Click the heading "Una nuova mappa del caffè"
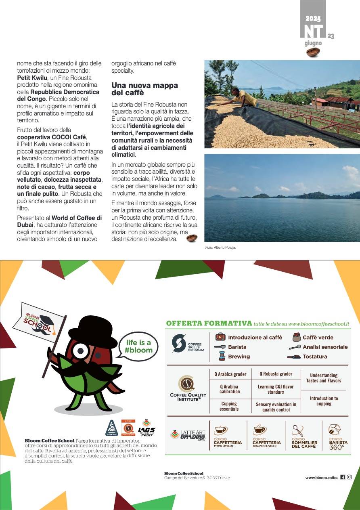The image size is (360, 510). tap(144, 89)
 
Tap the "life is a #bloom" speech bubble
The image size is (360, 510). tap(138, 346)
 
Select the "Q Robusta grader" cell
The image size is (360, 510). tap(276, 374)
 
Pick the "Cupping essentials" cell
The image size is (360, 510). tap(229, 406)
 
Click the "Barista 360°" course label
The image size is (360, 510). tap(338, 445)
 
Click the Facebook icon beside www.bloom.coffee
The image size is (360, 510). tap(343, 477)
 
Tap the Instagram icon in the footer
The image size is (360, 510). tap(349, 477)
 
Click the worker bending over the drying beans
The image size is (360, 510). tap(242, 97)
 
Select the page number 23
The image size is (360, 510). tap(331, 36)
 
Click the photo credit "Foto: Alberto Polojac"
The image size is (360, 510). tap(221, 247)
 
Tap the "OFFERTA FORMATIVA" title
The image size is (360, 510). tap(209, 323)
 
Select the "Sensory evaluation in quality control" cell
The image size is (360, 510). tap(276, 407)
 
